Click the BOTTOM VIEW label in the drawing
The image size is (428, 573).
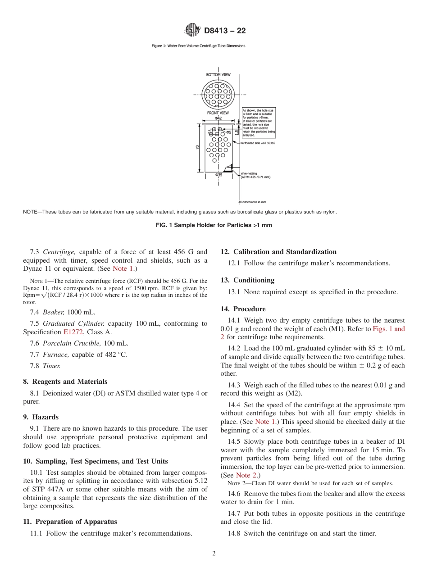(218, 74)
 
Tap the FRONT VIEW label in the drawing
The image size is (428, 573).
(218, 113)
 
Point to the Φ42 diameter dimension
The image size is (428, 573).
(218, 118)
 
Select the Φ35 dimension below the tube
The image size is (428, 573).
(218, 175)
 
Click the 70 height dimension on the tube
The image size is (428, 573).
(198, 148)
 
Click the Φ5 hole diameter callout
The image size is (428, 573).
(228, 132)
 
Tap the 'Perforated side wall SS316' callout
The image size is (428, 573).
(257, 143)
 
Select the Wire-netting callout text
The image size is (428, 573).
(255, 175)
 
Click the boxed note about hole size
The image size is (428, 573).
(259, 123)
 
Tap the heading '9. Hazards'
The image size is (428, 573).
(41, 417)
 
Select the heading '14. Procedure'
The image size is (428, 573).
(243, 309)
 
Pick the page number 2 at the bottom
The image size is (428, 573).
(214, 554)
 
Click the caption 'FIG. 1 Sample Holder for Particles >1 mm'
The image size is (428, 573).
(214, 225)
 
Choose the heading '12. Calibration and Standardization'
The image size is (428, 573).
(278, 252)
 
